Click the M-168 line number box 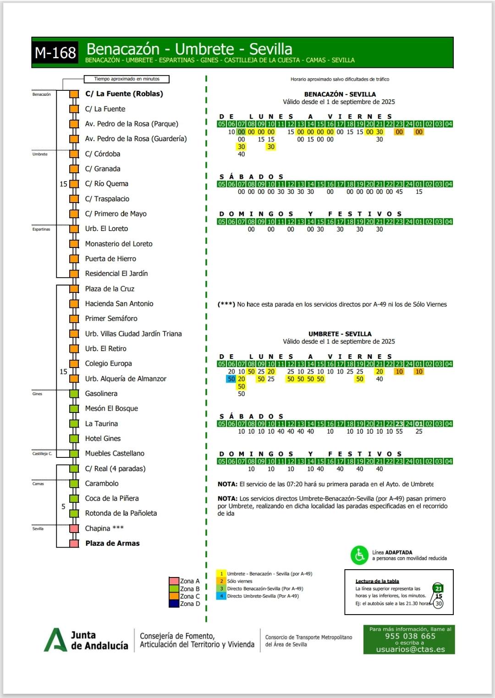tap(55, 53)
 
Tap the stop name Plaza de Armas tap(112, 543)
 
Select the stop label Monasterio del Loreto tap(119, 244)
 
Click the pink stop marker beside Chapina tap(74, 528)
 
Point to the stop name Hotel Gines tap(103, 439)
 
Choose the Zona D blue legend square tap(174, 604)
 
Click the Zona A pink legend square tap(174, 581)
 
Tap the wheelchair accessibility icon tap(360, 555)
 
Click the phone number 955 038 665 tap(410, 636)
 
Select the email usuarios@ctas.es tap(410, 649)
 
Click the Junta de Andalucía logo tap(86, 640)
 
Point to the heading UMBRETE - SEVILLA tap(340, 334)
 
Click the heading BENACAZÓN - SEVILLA tap(340, 94)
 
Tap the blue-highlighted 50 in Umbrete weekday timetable tap(231, 379)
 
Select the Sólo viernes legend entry tap(239, 581)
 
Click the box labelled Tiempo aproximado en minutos tap(127, 79)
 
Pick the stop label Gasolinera tap(101, 394)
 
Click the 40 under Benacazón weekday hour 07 tap(242, 154)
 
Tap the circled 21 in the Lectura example tap(438, 588)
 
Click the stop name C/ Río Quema tap(106, 184)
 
